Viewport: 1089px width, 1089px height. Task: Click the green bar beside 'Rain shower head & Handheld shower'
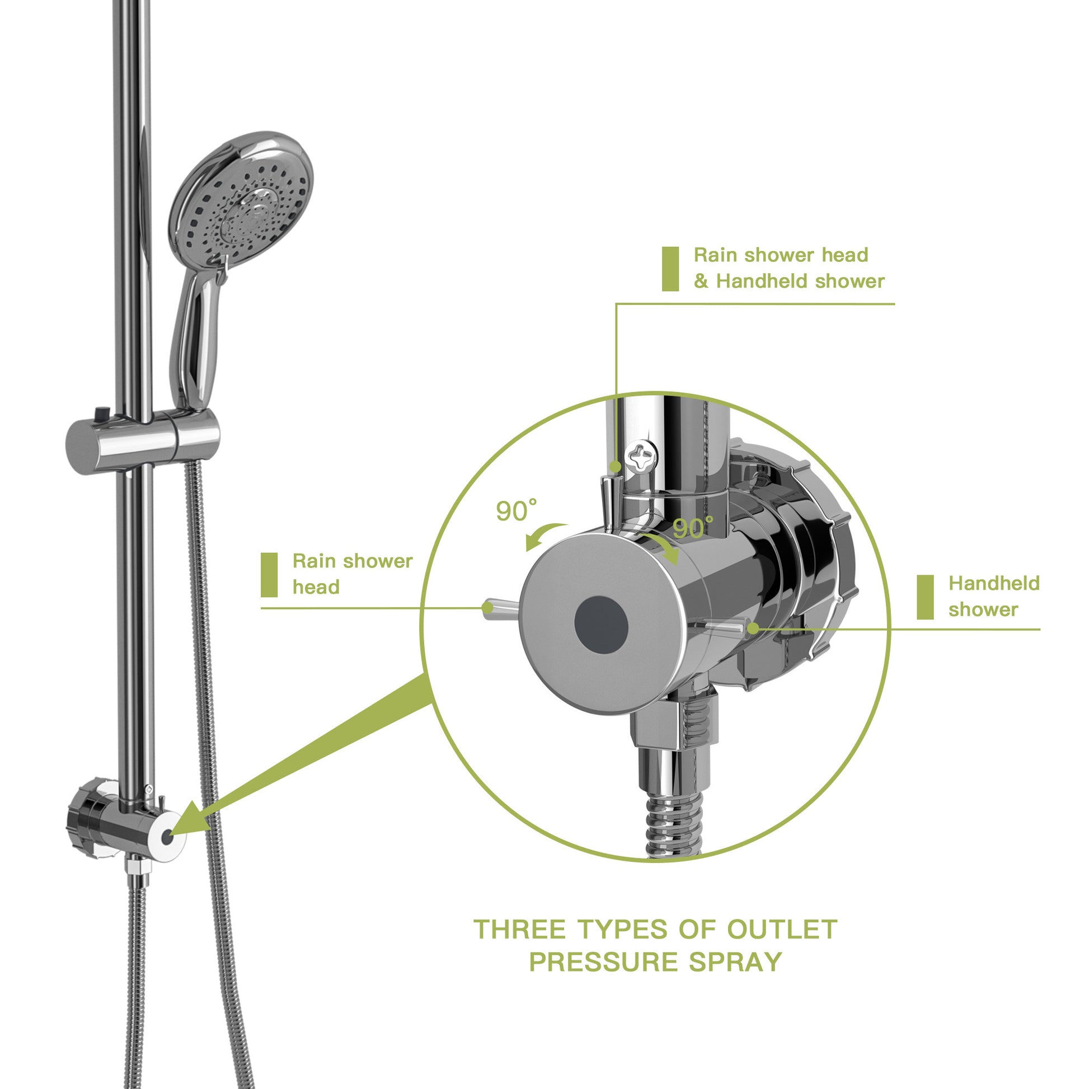click(670, 269)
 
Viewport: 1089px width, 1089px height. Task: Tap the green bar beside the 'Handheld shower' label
click(925, 597)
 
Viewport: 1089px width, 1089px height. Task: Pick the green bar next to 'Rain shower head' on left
click(269, 574)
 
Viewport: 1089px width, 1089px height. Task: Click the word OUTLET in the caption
click(781, 930)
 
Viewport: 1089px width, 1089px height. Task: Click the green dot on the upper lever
click(616, 467)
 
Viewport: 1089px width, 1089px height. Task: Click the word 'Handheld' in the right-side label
click(994, 583)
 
